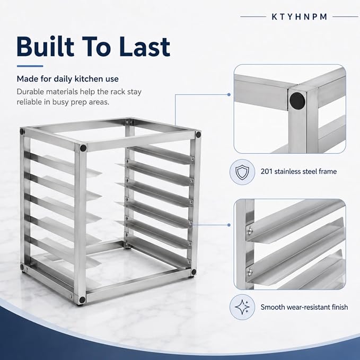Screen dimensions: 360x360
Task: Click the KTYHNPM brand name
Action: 300,17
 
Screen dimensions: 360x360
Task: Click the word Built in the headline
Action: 46,46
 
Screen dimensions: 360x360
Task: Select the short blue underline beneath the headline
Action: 30,66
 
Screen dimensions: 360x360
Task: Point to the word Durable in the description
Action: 30,92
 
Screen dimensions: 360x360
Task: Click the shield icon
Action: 242,172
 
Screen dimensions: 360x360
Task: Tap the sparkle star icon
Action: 242,307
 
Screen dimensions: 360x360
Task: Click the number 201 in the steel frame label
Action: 266,171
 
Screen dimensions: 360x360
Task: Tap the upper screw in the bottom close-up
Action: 250,230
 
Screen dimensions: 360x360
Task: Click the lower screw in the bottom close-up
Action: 250,272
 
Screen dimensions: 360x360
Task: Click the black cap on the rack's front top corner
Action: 83,148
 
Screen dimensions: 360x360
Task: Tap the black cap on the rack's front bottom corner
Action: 82,300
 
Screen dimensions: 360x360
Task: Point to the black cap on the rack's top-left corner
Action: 22,131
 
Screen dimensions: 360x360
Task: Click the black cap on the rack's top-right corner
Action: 198,135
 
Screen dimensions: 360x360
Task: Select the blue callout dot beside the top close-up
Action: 229,94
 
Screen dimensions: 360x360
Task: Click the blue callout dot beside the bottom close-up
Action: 229,225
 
